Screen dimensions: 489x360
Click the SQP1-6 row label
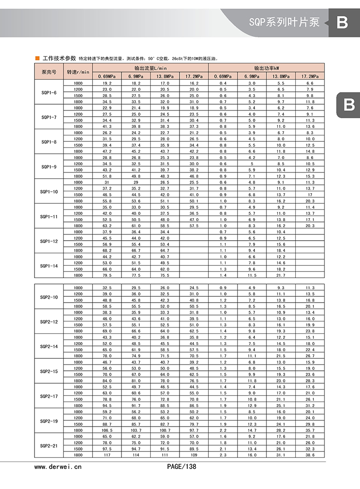click(48, 93)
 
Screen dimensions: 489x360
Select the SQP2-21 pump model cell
click(48, 446)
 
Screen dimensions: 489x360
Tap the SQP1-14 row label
click(48, 266)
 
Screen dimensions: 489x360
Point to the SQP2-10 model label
click(48, 297)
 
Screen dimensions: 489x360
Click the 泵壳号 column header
click(48, 72)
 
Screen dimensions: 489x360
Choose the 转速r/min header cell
click(78, 72)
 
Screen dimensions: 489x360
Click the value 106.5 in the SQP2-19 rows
click(107, 430)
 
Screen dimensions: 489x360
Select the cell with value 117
click(107, 455)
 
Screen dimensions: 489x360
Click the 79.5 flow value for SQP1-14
click(107, 275)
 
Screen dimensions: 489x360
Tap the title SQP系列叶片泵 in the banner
click(284, 23)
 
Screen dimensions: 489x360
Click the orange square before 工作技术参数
click(37, 58)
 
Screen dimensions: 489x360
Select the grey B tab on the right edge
click(349, 105)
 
